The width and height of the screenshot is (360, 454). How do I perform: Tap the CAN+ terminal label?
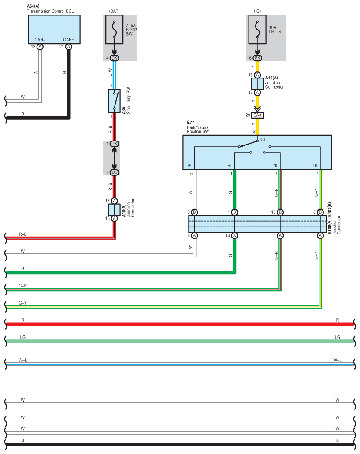point(68,40)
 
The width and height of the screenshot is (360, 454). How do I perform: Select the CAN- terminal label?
point(40,40)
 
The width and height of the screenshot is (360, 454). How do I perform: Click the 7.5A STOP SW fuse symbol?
point(115,30)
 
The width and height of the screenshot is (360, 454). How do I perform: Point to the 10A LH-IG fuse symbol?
point(257,30)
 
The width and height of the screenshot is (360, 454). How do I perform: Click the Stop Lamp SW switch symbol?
point(115,101)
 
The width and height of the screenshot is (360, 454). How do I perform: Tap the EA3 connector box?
point(257,115)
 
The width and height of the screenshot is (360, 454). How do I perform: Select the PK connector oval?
point(257,58)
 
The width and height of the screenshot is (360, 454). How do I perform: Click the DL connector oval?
point(114,172)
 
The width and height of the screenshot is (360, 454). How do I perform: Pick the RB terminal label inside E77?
point(262,139)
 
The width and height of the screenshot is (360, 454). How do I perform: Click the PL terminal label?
point(190,166)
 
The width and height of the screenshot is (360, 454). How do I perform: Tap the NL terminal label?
point(275,166)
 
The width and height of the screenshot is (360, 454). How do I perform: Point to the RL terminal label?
point(230,166)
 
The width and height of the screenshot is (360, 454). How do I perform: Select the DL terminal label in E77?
point(315,166)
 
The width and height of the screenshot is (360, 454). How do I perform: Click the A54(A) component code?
point(33,6)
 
